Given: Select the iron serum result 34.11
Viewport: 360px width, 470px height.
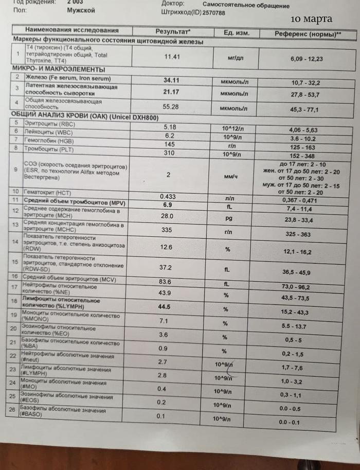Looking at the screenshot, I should [170, 80].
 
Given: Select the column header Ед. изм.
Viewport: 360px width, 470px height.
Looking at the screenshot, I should [237, 33].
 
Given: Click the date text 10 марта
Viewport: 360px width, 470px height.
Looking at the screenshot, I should [312, 19].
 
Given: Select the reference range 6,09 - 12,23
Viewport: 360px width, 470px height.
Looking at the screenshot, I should [307, 59].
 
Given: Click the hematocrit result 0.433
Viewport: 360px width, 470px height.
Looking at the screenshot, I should [168, 197].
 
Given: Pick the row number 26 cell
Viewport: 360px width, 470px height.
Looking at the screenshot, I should [14, 410].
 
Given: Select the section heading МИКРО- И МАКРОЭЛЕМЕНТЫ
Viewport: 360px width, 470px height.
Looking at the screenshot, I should [59, 69].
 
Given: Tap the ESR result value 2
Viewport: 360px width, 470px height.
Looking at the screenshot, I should [168, 175].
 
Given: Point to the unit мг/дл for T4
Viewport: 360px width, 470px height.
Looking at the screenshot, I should [236, 58].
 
